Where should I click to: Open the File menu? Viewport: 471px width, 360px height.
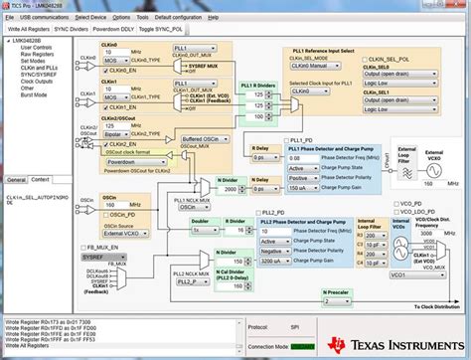[10, 18]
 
